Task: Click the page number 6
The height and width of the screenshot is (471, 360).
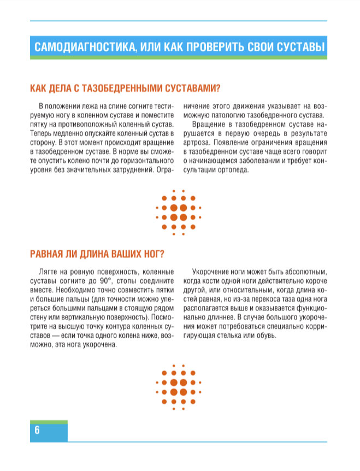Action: click(x=37, y=430)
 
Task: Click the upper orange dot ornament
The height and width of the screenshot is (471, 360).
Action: click(x=179, y=213)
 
